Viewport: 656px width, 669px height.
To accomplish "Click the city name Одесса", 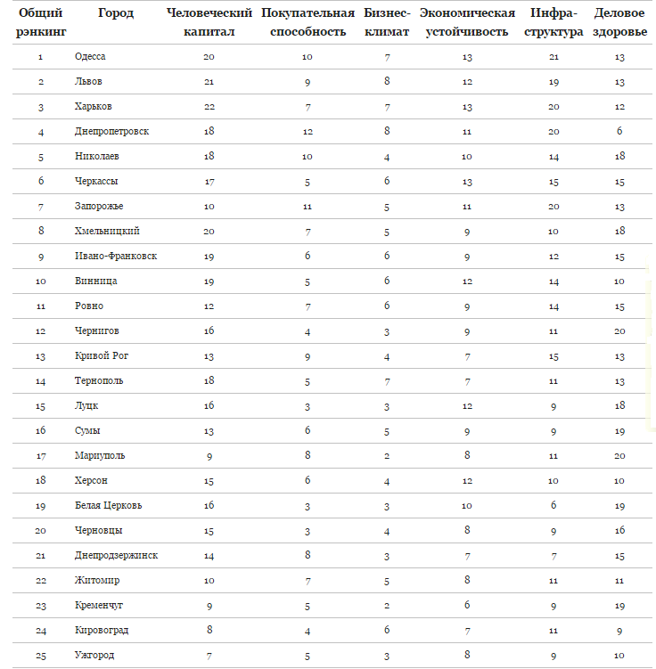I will (x=90, y=57).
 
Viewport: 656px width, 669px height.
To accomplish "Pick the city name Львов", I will (x=89, y=82).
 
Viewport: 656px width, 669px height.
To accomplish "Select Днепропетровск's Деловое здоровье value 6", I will (x=619, y=132).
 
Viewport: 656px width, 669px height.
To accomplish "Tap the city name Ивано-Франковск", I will (x=116, y=257).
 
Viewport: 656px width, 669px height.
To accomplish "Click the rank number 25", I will (x=41, y=656).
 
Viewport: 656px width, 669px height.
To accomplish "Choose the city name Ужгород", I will (x=94, y=656).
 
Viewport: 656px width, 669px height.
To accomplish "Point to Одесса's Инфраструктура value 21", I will (x=553, y=57).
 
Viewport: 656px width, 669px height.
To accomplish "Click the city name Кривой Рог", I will (x=102, y=356).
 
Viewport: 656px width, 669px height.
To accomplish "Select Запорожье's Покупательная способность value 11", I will (x=307, y=207).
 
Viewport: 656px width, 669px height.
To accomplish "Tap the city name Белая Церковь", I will (x=108, y=506).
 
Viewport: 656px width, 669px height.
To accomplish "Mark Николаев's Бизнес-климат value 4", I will (x=387, y=157).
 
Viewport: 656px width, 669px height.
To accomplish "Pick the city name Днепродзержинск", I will (x=117, y=556).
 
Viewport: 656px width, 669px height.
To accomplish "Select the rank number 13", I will (x=41, y=356).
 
